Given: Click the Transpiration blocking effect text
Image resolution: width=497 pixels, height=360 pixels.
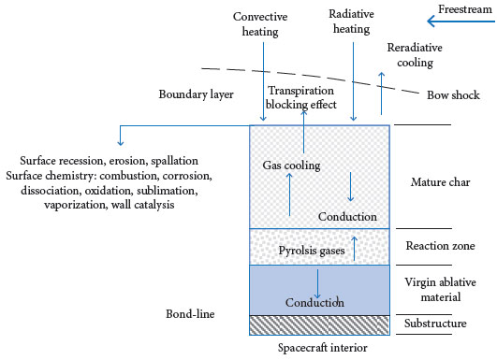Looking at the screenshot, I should click(302, 99).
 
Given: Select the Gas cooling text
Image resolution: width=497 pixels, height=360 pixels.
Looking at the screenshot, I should click(291, 165).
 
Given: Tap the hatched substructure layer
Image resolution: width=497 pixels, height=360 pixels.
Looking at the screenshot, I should click(321, 324).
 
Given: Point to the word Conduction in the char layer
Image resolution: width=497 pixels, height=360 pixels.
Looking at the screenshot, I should click(346, 217).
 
